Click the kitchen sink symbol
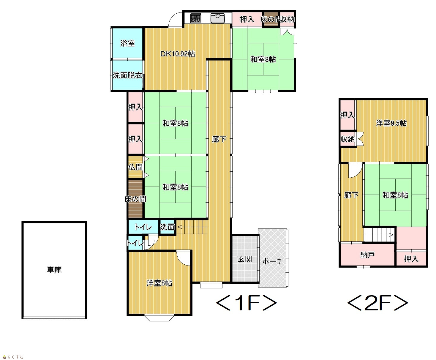[x=217, y=18]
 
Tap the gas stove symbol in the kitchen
[x=196, y=18]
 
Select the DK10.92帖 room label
[x=178, y=54]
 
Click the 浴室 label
[x=127, y=43]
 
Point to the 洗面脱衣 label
[x=127, y=75]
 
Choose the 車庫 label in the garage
[x=54, y=270]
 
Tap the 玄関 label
[x=245, y=259]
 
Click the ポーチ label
[x=273, y=261]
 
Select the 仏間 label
[x=135, y=167]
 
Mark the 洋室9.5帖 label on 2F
[x=391, y=123]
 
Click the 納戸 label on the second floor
[x=367, y=255]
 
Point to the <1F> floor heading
[x=247, y=303]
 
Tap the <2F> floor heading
[x=377, y=303]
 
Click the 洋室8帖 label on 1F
[x=159, y=283]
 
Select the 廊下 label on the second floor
[x=351, y=195]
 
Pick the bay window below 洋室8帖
[x=159, y=318]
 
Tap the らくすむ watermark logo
[x=13, y=357]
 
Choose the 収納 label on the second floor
[x=347, y=139]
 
